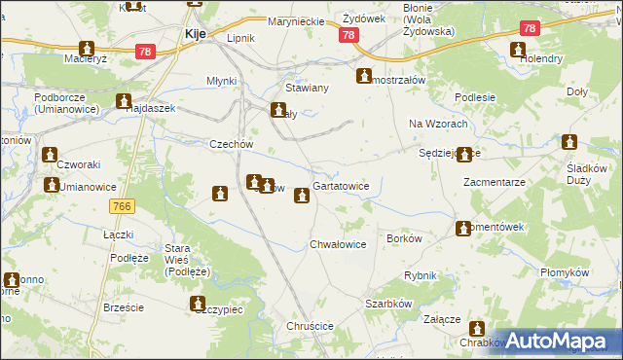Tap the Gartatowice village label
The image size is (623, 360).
coord(340,186)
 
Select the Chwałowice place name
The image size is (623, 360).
coord(338,244)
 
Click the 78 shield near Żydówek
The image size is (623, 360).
coord(349,35)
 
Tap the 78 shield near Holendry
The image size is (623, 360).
coord(529,29)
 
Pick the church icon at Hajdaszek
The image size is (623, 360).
coord(124,101)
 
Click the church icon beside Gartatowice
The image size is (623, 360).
coord(303,196)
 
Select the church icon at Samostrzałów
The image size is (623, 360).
coord(365,77)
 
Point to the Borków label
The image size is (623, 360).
coord(404,238)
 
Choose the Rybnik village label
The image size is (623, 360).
coord(421,275)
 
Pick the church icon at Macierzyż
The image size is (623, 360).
coord(87,49)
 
